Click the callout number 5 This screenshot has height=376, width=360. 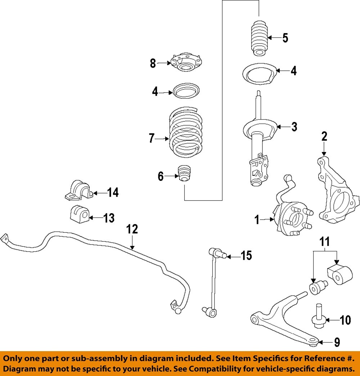(285, 38)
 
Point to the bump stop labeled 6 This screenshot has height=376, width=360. (185, 174)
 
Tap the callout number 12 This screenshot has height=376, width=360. (132, 229)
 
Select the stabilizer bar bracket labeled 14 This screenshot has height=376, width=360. (78, 190)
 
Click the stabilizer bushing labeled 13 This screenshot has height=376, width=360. (78, 215)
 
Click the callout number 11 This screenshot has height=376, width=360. (325, 241)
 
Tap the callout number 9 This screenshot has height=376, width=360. (337, 342)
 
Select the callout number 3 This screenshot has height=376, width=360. (294, 127)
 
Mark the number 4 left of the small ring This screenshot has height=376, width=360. (155, 92)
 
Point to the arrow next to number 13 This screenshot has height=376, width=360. (95, 218)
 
